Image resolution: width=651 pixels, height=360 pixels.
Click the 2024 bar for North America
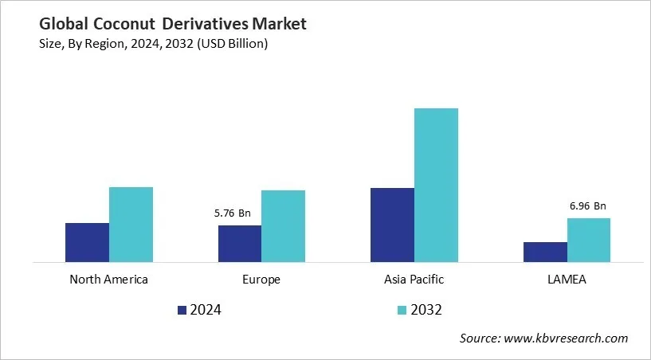[x=87, y=242]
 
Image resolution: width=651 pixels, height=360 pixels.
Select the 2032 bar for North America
[x=131, y=225]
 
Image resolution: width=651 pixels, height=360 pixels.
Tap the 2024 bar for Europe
[x=240, y=243]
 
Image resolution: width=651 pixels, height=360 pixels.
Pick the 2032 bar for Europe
[x=283, y=226]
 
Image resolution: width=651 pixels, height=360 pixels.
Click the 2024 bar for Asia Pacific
[x=392, y=225]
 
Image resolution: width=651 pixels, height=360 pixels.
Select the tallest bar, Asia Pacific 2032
[x=436, y=185]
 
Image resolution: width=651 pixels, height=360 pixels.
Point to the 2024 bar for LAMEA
[x=545, y=252]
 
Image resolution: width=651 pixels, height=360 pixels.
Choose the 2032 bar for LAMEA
[x=589, y=240]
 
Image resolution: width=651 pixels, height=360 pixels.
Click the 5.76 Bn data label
[x=233, y=213]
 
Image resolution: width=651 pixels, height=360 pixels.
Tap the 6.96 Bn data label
[x=588, y=205]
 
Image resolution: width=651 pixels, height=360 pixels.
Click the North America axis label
[x=109, y=280]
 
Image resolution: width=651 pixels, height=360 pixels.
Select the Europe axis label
[x=261, y=280]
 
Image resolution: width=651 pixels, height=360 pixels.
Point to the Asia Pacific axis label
[x=414, y=280]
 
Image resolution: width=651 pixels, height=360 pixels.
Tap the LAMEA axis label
[x=567, y=280]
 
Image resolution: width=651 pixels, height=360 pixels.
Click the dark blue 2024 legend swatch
[x=181, y=310]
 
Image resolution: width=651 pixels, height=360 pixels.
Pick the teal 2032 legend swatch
[x=402, y=310]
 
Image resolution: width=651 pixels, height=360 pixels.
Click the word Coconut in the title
[x=130, y=25]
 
